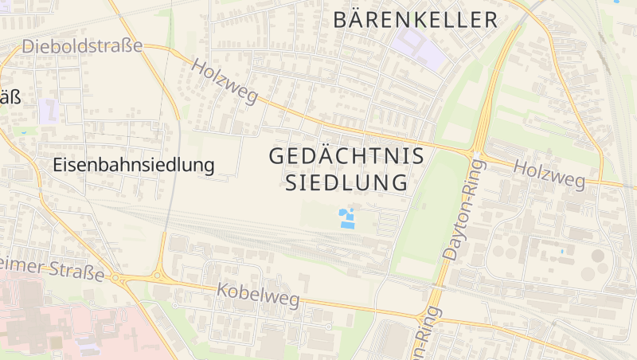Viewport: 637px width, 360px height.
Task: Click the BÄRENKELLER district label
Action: (x=415, y=20)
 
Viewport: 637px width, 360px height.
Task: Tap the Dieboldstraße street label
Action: (x=82, y=46)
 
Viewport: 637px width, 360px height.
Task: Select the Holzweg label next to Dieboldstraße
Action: (x=225, y=83)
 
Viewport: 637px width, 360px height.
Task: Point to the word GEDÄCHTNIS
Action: (x=346, y=156)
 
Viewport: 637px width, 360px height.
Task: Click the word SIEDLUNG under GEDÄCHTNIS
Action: (x=346, y=183)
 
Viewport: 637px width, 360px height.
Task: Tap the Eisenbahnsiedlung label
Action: (x=134, y=166)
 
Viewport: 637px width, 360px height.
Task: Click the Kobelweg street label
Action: (x=258, y=295)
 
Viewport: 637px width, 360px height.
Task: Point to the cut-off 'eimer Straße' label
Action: (x=53, y=268)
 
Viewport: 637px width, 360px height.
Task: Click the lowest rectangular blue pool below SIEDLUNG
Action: (x=347, y=225)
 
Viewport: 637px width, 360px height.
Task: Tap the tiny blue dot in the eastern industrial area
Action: (x=563, y=252)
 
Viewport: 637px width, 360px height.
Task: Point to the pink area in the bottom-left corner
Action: (x=48, y=327)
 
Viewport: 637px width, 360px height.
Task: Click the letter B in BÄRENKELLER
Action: (x=342, y=20)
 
